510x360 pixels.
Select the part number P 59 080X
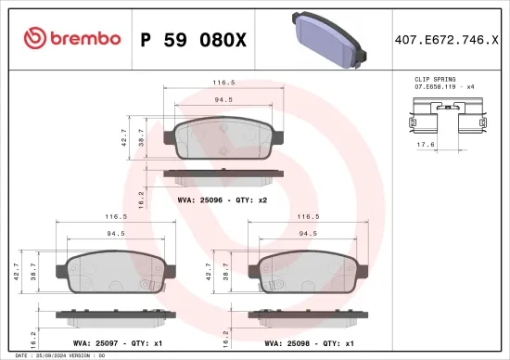(x=193, y=39)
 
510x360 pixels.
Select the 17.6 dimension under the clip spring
(x=425, y=144)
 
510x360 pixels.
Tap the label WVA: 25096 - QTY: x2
(x=222, y=199)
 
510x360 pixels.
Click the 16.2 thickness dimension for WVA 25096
(x=139, y=199)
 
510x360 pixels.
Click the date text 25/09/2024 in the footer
(x=47, y=355)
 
